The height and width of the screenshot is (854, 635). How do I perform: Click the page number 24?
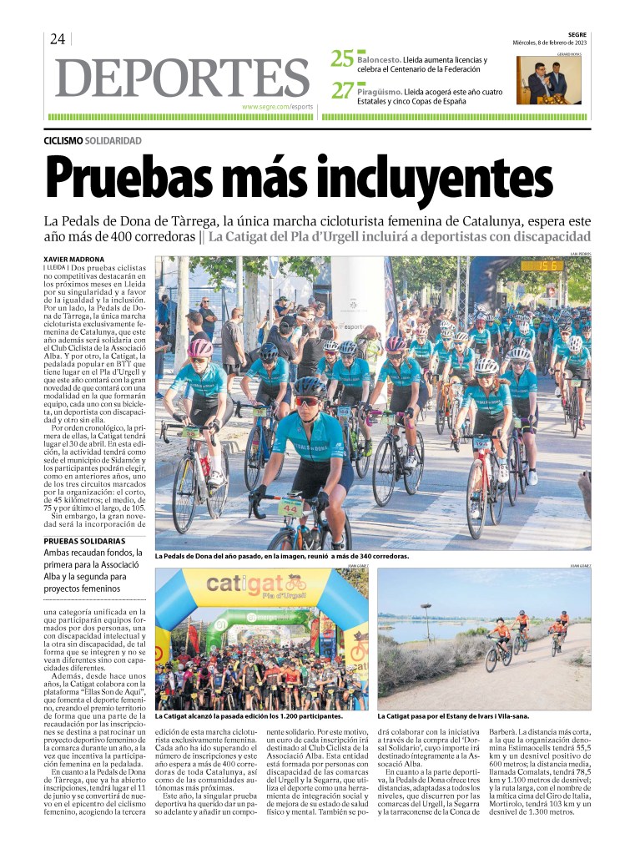(58, 39)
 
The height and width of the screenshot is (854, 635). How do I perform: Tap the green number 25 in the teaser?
(342, 59)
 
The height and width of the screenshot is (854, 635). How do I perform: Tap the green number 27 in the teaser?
(342, 90)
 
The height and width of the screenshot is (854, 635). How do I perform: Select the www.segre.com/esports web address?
(277, 107)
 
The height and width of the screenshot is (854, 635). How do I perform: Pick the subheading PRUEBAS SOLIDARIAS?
(82, 542)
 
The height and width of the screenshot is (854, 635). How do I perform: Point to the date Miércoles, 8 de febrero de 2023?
(550, 43)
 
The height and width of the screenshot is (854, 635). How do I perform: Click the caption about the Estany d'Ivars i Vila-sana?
(453, 716)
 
